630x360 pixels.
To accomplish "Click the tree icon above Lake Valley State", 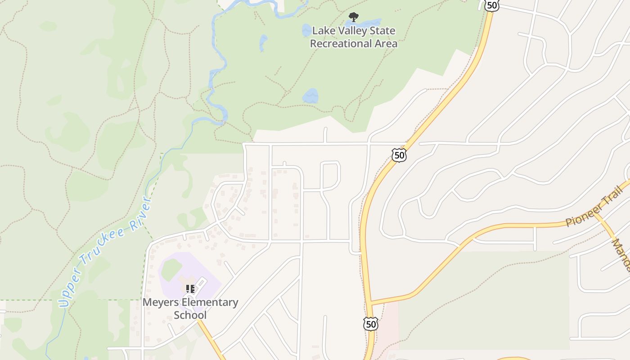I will (354, 18).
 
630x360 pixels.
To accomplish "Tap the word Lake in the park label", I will (323, 31).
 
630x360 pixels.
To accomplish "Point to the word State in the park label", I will (382, 31).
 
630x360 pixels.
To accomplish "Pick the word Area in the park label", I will (386, 44).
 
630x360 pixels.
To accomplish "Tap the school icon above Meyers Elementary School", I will (190, 288).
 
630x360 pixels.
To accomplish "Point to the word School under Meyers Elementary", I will (190, 315).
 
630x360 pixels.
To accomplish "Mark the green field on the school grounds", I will (171, 270).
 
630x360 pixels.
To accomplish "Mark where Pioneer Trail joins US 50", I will (370, 303).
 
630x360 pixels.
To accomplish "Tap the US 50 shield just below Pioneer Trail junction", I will (371, 324).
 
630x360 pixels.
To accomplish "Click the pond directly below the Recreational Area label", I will (310, 96).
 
